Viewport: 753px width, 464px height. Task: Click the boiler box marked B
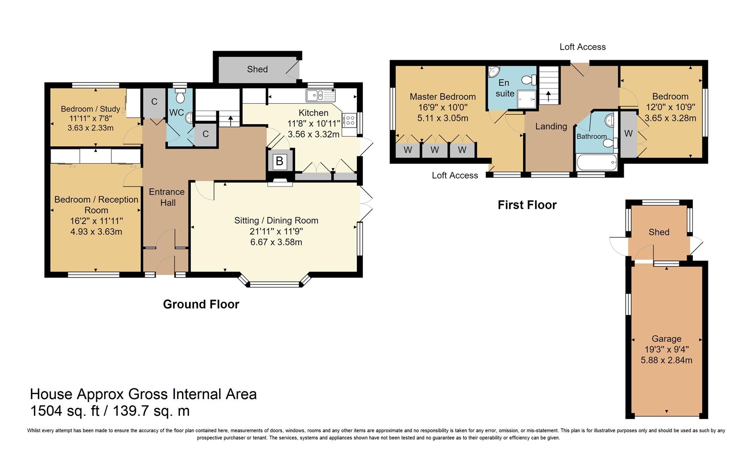coord(280,161)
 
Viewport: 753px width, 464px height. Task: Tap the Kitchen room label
coord(314,113)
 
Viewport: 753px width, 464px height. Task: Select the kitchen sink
coord(320,95)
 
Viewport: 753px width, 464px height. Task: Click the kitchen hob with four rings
coord(349,120)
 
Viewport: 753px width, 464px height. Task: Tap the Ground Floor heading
coord(201,304)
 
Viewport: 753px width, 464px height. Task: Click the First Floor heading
coord(527,205)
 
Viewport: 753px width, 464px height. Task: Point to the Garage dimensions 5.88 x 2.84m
coord(666,360)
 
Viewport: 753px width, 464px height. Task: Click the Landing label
coord(551,126)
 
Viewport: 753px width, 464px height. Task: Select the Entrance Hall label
coord(167,197)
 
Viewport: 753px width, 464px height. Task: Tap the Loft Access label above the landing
coord(582,47)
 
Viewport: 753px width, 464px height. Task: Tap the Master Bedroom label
coord(442,97)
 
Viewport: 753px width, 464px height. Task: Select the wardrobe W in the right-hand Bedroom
coord(628,134)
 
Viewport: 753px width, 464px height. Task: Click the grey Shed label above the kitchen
coord(257,69)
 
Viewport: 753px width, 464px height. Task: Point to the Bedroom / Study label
coord(90,109)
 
